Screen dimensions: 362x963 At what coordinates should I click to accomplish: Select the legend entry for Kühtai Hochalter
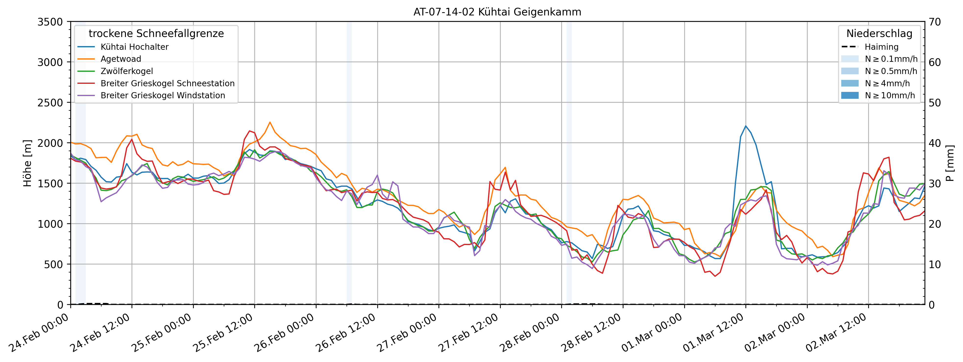(x=134, y=47)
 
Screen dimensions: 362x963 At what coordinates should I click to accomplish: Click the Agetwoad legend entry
(x=121, y=59)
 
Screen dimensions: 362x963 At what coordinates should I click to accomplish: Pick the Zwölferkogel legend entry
(x=127, y=71)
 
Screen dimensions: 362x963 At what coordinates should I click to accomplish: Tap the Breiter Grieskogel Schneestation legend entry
(x=168, y=83)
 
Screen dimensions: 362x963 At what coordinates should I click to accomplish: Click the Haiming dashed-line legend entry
(x=881, y=47)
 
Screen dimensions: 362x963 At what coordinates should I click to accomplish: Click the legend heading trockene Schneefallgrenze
(x=156, y=34)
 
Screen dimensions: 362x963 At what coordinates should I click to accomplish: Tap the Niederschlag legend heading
(x=879, y=34)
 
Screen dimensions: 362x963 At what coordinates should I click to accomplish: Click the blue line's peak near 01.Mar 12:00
(x=746, y=126)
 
